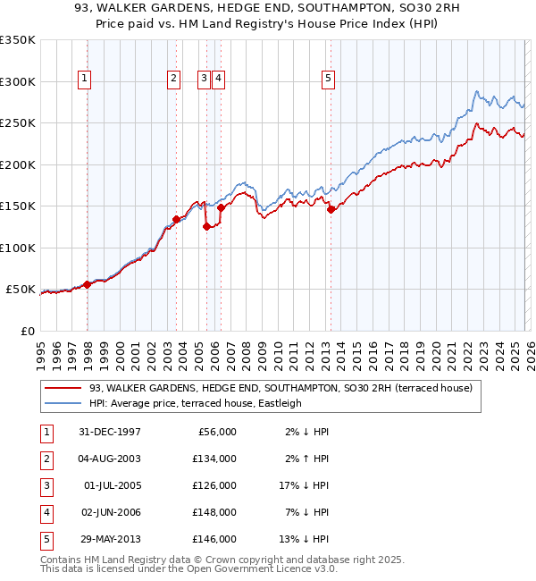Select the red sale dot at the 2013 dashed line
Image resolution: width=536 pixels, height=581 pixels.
pyautogui.click(x=331, y=210)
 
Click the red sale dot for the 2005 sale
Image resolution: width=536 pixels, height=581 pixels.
pyautogui.click(x=206, y=226)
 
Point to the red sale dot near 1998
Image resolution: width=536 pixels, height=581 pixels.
pyautogui.click(x=88, y=284)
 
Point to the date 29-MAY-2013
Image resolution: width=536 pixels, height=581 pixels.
pyautogui.click(x=105, y=539)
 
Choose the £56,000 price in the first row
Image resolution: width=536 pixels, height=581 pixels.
pyautogui.click(x=214, y=432)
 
